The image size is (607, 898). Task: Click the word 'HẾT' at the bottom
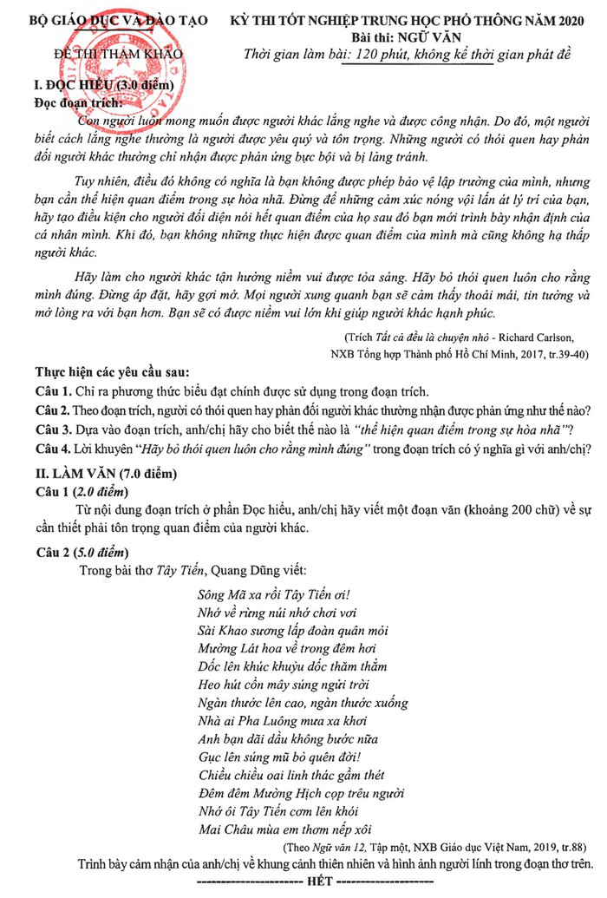[315, 882]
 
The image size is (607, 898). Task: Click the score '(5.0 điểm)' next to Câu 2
[101, 551]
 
